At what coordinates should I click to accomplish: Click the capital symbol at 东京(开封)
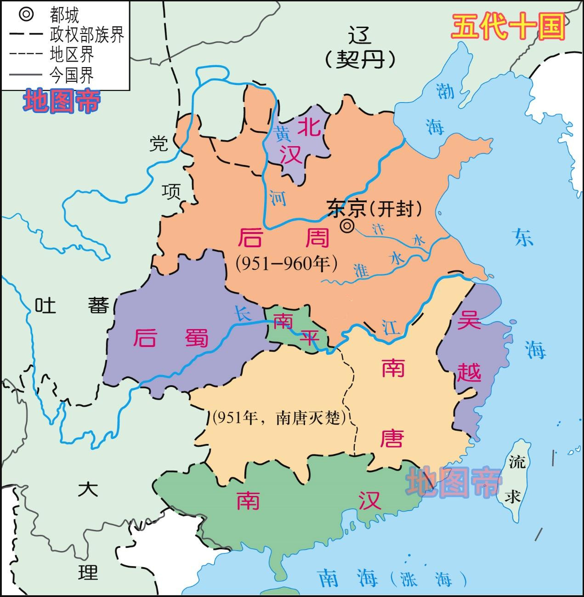pyautogui.click(x=347, y=226)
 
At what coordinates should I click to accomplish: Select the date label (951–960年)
pyautogui.click(x=287, y=263)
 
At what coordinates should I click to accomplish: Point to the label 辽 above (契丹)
pyautogui.click(x=360, y=35)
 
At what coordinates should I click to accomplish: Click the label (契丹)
pyautogui.click(x=360, y=59)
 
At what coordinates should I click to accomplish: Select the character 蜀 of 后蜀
pyautogui.click(x=197, y=338)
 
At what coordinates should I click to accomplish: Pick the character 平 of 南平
pyautogui.click(x=310, y=338)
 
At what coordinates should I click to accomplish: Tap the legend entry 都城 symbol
pyautogui.click(x=26, y=14)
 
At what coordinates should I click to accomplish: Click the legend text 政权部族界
pyautogui.click(x=87, y=34)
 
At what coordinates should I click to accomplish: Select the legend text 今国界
pyautogui.click(x=72, y=74)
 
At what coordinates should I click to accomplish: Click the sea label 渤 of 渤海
pyautogui.click(x=445, y=91)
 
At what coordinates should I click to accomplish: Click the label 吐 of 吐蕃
pyautogui.click(x=45, y=305)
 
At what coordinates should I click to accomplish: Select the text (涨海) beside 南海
pyautogui.click(x=427, y=578)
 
